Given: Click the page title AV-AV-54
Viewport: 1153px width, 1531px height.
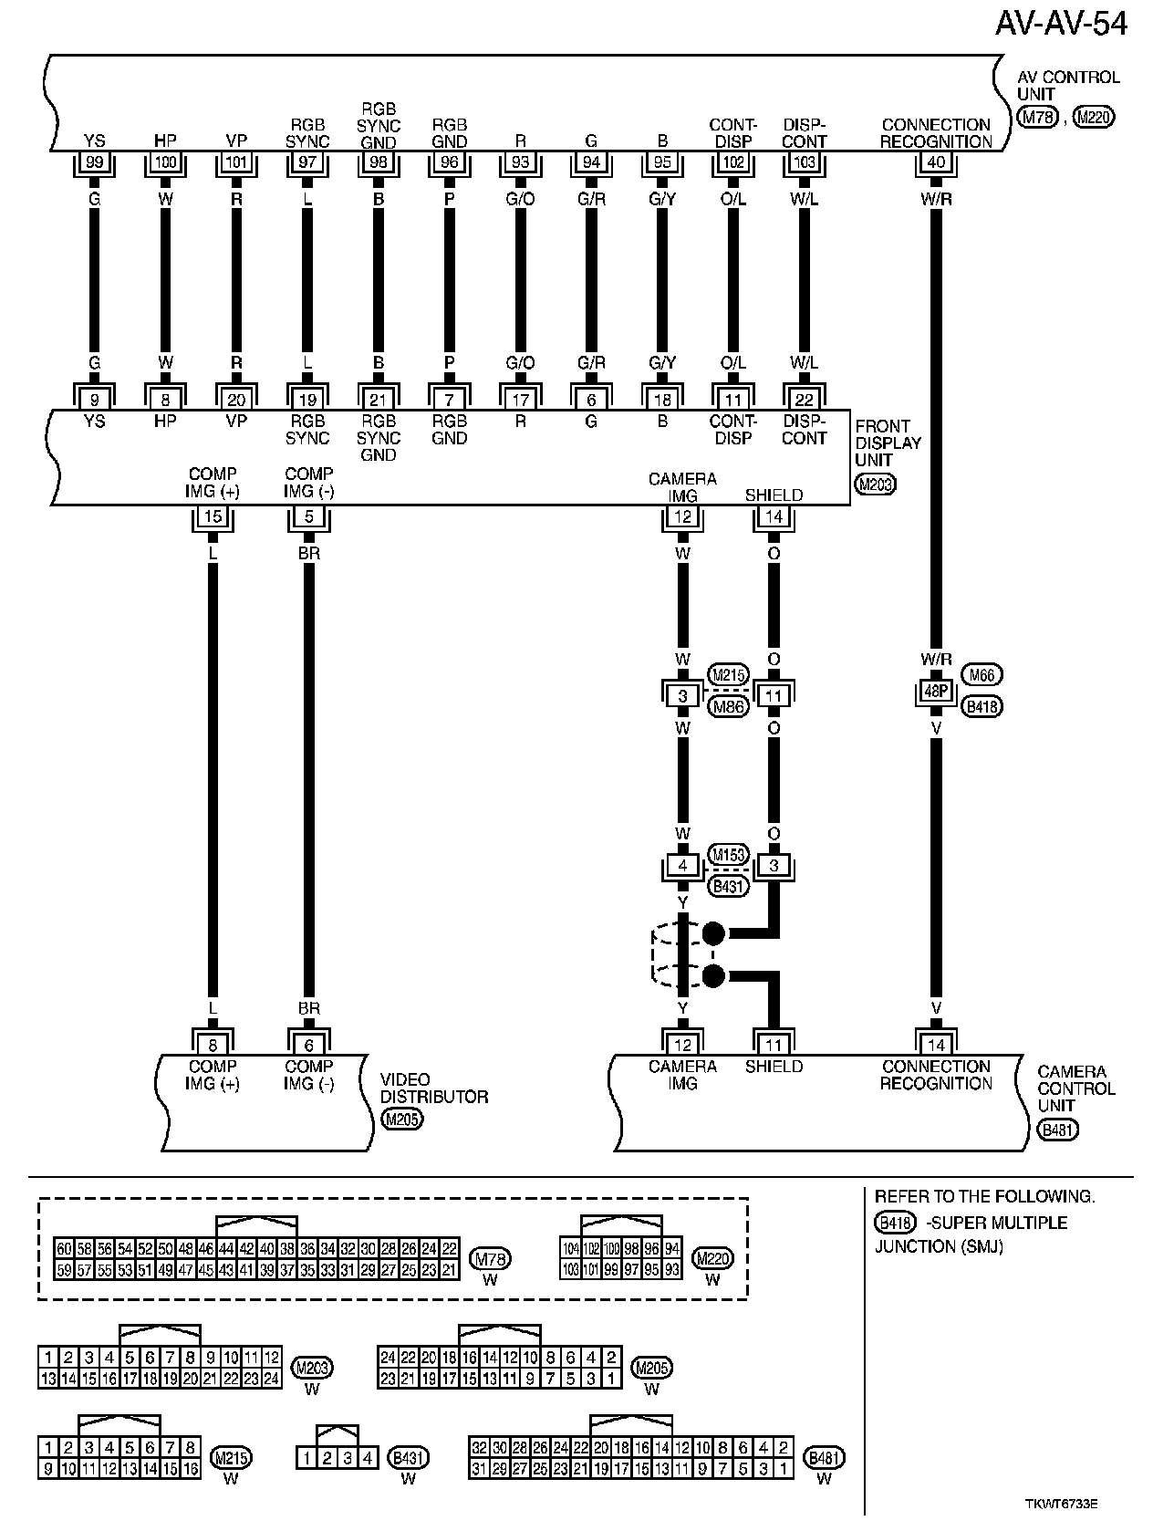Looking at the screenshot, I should pyautogui.click(x=1060, y=23).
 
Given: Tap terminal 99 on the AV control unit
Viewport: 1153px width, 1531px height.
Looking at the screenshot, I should pyautogui.click(x=94, y=162).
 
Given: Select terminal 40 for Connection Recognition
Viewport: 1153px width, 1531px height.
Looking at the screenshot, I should pyautogui.click(x=936, y=162).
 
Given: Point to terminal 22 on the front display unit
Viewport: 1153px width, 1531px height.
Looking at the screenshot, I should pyautogui.click(x=804, y=398).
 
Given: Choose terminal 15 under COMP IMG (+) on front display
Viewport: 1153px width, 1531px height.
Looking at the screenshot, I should pyautogui.click(x=213, y=517).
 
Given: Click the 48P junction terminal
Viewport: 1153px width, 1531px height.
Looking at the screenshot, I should pyautogui.click(x=936, y=693).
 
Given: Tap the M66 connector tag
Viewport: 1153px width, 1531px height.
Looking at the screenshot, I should pyautogui.click(x=982, y=675).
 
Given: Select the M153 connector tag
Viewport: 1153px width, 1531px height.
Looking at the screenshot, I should pyautogui.click(x=729, y=855).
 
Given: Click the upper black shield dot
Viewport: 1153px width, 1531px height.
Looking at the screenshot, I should pyautogui.click(x=713, y=933).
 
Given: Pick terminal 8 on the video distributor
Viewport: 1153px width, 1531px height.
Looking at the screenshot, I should pyautogui.click(x=213, y=1047).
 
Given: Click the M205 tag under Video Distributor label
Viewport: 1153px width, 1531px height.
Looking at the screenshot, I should pyautogui.click(x=402, y=1120).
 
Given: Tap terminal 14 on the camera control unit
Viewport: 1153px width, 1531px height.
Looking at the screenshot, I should pyautogui.click(x=936, y=1047).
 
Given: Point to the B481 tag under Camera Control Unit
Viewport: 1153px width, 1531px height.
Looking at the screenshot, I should pyautogui.click(x=1058, y=1130).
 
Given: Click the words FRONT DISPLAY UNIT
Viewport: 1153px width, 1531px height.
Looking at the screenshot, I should pyautogui.click(x=888, y=443).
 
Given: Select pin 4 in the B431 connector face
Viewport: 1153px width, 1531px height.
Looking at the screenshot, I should pyautogui.click(x=368, y=1459).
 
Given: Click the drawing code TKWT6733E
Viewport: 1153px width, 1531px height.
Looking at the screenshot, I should pyautogui.click(x=1061, y=1504).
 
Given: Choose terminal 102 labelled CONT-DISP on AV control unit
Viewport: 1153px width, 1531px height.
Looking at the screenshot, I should pyautogui.click(x=733, y=162).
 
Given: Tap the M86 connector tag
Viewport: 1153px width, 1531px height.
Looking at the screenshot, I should pyautogui.click(x=729, y=705).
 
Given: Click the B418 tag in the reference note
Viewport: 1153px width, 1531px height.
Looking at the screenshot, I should pyautogui.click(x=894, y=1223).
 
